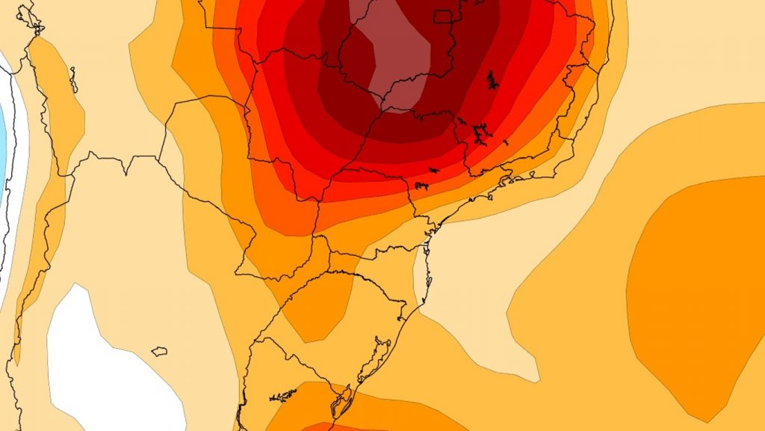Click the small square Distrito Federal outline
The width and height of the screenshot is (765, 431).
coord(444,16)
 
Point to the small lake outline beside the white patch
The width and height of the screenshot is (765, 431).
coord(158,350)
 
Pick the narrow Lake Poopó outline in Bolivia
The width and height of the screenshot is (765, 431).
coord(73,79)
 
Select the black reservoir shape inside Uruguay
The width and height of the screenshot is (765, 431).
coord(282,394)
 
